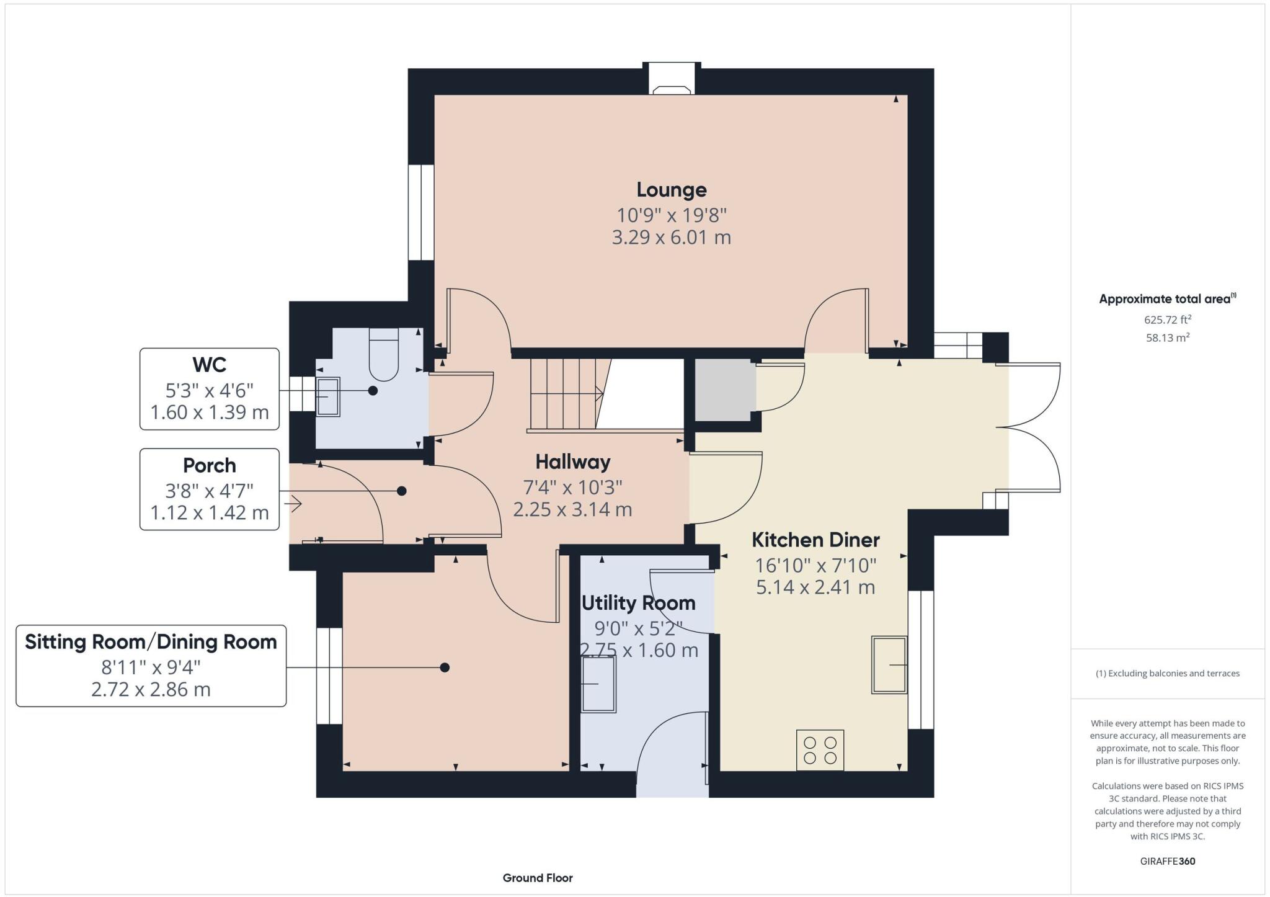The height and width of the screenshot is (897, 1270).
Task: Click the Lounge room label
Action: tap(671, 190)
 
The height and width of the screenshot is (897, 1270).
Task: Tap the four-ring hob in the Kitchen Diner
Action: tap(820, 750)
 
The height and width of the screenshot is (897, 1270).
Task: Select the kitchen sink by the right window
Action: tap(889, 664)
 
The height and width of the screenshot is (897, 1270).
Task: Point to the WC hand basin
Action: tap(327, 396)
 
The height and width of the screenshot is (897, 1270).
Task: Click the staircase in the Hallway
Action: tap(564, 394)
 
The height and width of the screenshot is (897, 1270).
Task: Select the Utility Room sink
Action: tap(598, 684)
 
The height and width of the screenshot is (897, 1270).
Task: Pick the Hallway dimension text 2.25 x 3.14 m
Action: tap(572, 510)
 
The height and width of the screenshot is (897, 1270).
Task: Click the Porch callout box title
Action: tap(210, 465)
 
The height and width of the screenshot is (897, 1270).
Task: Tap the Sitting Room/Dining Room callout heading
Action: tap(151, 641)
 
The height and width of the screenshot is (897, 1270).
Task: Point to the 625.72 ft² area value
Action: tap(1168, 320)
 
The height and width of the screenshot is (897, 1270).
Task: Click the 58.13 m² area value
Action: tap(1168, 338)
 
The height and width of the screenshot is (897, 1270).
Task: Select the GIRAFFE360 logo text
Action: tap(1168, 861)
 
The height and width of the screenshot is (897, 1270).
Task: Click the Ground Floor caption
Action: tap(538, 878)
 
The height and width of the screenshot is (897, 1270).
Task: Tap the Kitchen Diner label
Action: tap(815, 540)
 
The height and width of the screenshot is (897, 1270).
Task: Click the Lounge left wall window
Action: tap(421, 212)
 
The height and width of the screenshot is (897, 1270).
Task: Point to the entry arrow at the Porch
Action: tap(293, 504)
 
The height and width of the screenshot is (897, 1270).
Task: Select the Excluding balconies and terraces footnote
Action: tap(1168, 673)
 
